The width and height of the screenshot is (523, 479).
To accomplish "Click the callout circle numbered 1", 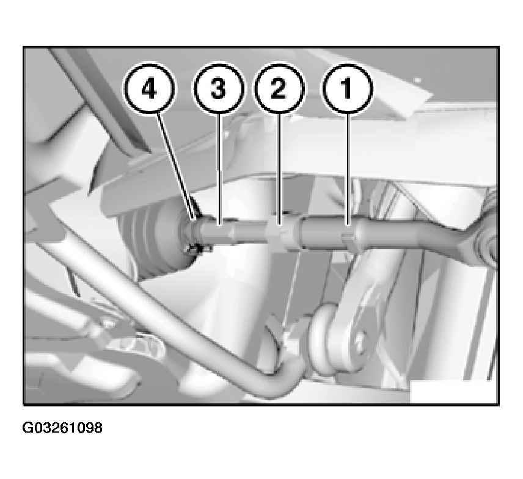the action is (x=347, y=88).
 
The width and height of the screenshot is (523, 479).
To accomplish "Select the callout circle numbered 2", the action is (x=279, y=88).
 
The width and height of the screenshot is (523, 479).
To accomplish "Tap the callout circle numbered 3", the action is (x=219, y=88).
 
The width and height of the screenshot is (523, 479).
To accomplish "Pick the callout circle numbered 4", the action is (x=150, y=88).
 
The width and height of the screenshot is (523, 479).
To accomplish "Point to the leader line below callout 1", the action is (x=348, y=169).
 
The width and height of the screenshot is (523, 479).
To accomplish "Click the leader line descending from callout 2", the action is (x=279, y=169).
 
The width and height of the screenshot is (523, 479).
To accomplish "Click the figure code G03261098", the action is (x=62, y=428).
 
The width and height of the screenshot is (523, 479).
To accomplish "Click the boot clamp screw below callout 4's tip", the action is (x=199, y=249).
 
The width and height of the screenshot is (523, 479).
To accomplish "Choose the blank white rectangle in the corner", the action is (x=453, y=392).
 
